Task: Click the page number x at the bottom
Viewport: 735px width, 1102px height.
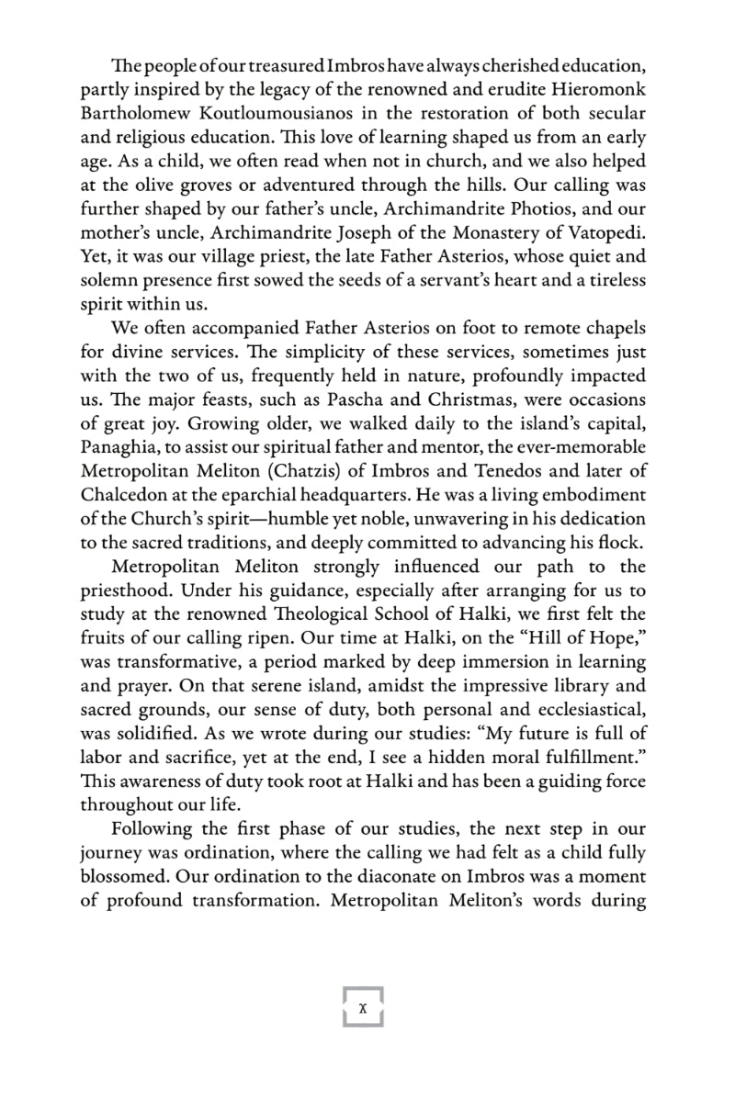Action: (363, 1007)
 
